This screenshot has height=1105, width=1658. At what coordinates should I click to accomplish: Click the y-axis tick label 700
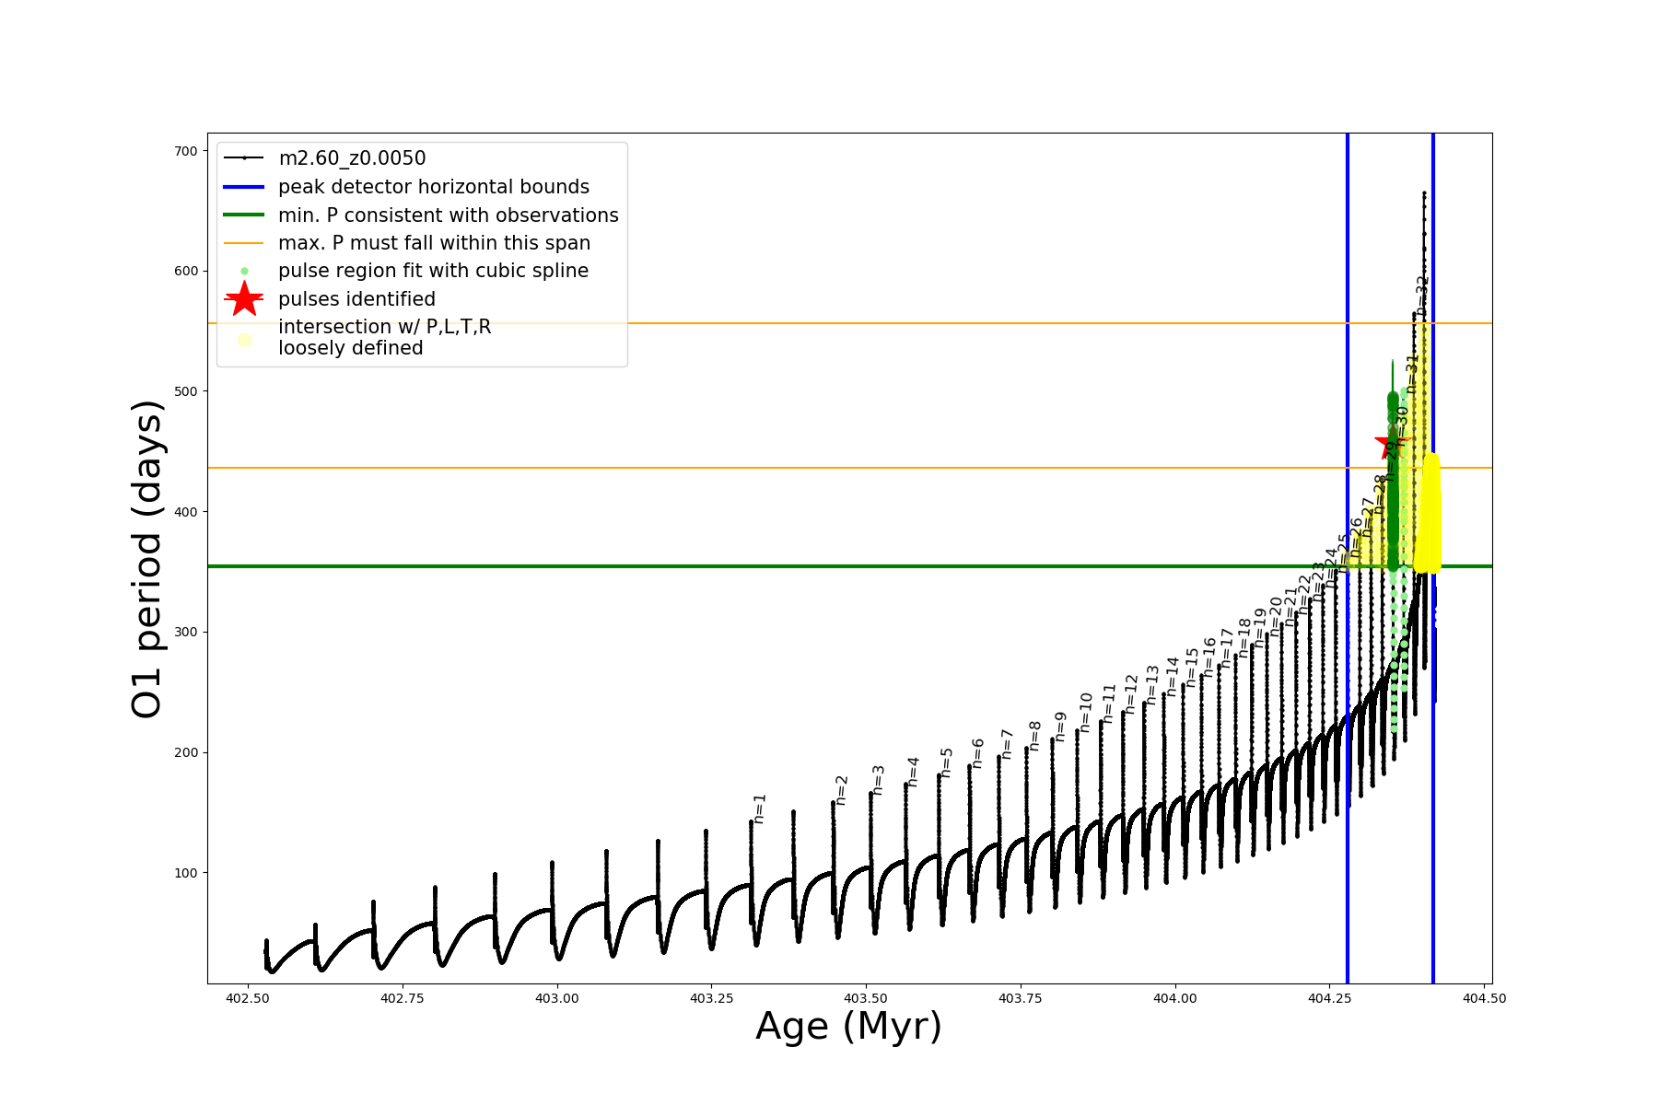pos(186,151)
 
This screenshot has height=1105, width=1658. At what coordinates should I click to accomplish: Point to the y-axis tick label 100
pos(186,873)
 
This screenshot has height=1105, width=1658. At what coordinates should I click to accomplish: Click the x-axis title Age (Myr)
pos(848,1027)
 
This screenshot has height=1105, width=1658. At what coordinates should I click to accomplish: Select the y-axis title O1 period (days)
pos(147,559)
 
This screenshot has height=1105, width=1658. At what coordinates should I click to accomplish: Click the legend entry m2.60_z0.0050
pos(352,158)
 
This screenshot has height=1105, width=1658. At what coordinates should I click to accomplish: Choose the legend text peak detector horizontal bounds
pos(433,187)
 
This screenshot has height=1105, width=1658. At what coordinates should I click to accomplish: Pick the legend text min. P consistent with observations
pos(448,215)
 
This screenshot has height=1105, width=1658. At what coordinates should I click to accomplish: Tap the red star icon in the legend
pos(244,299)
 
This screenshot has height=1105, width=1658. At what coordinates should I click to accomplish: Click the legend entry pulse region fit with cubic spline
pos(433,271)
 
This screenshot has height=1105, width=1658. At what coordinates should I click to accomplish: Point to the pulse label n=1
pos(760,808)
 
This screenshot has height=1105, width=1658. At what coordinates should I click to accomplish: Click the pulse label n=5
pos(947,762)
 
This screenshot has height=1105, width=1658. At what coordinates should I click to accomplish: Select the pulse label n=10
pos(1086,713)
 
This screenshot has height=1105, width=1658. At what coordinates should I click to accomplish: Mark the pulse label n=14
pos(1173,676)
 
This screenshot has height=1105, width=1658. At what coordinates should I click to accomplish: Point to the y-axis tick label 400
pos(186,512)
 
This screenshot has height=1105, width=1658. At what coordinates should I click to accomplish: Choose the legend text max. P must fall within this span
pos(434,243)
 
